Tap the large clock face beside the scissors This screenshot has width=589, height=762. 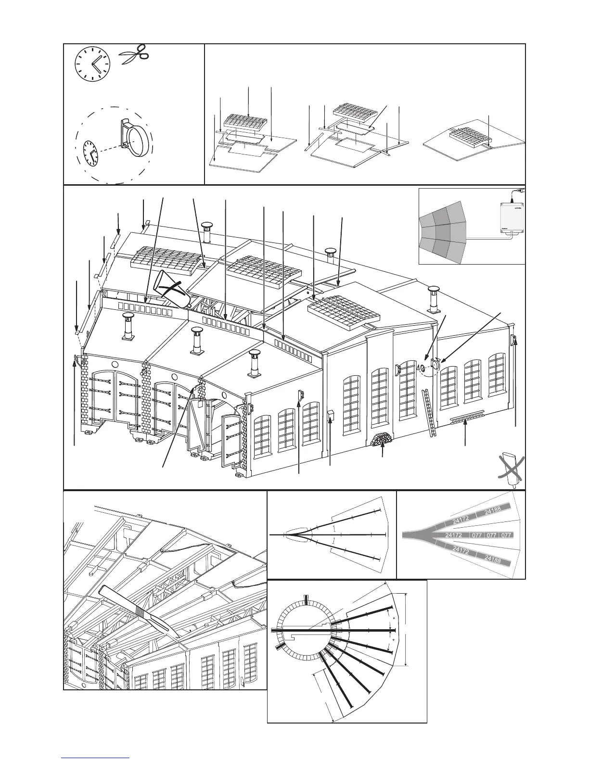coord(92,64)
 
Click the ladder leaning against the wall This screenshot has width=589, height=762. coord(429,414)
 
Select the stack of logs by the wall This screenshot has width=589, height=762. coord(382,439)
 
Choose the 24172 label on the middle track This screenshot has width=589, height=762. coord(455,535)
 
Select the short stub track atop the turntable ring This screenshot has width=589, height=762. coord(306,600)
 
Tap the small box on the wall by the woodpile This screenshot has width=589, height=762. coord(331,416)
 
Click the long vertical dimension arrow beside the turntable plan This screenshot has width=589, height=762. coord(407,630)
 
